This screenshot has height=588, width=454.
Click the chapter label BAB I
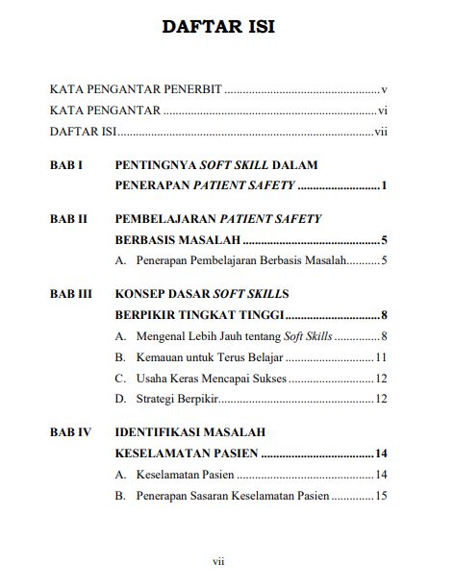(66, 165)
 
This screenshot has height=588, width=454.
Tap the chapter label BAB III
(71, 293)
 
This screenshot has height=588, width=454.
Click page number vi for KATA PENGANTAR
(382, 110)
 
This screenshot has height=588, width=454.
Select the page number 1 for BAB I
(383, 185)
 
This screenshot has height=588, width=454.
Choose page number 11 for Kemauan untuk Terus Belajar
(381, 356)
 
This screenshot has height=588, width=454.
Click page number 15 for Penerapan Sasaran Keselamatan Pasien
(381, 496)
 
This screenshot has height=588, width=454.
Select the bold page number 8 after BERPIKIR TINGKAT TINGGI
(383, 314)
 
